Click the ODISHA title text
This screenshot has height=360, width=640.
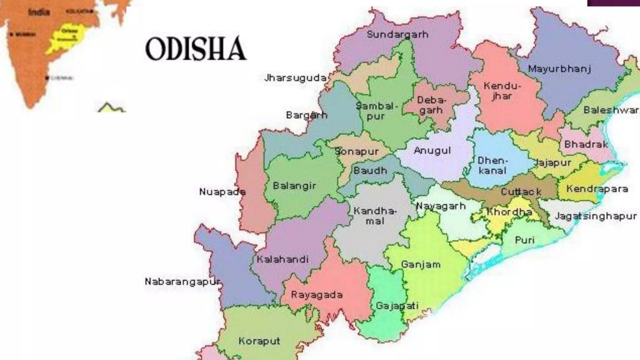pos(196,49)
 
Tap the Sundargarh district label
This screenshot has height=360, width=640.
pos(397,34)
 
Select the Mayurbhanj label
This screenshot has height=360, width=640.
pos(559,69)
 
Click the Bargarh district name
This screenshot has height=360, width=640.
pos(306,115)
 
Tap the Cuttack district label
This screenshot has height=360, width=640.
pos(521,192)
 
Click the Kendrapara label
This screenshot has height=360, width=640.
pos(597,189)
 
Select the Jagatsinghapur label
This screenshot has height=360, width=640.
pos(596,216)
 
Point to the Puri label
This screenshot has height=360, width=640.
pos(524,240)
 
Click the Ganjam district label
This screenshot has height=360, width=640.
pos(421,264)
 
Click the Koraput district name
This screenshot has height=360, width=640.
pos(259,341)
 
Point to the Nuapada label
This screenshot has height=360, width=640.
pos(222,192)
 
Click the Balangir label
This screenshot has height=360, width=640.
pos(294,186)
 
